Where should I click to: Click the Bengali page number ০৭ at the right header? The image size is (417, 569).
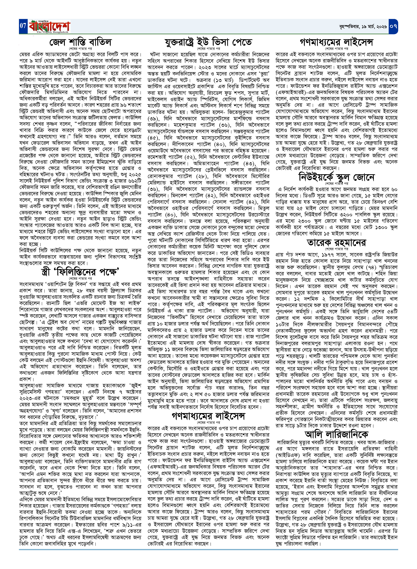(x=393, y=26)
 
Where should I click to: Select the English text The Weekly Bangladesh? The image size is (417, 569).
(x=52, y=32)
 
